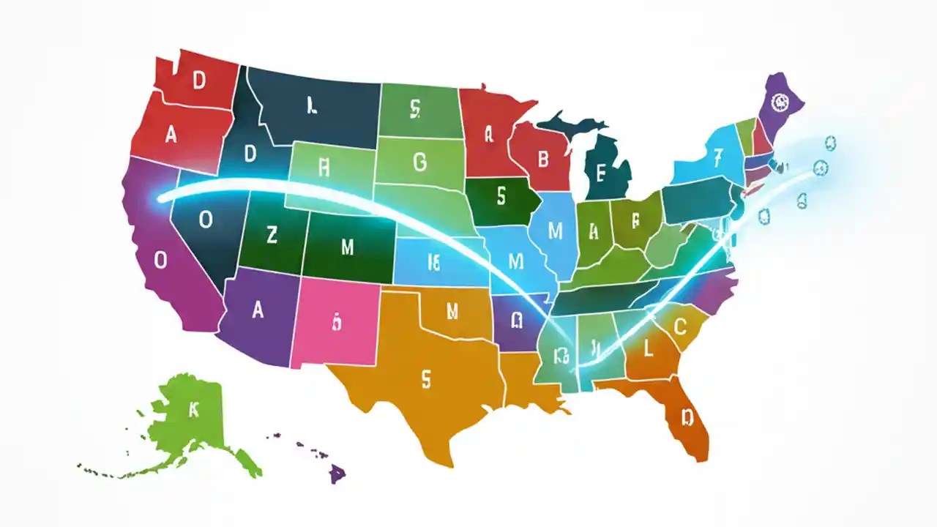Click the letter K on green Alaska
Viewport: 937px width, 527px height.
(x=193, y=411)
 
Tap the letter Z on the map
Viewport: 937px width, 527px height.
(x=272, y=236)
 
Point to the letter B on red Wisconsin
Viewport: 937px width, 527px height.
(x=543, y=159)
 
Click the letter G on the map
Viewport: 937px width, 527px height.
(x=419, y=162)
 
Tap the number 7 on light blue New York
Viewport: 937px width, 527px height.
(x=718, y=156)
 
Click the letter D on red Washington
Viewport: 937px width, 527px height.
(x=198, y=82)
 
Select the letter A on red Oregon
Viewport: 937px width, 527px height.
(x=171, y=135)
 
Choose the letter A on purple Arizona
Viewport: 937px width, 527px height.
(x=258, y=310)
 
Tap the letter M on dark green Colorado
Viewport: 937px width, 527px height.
(x=347, y=247)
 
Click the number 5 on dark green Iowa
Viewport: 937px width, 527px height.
(x=501, y=196)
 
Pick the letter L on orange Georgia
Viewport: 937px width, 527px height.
(x=647, y=350)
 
